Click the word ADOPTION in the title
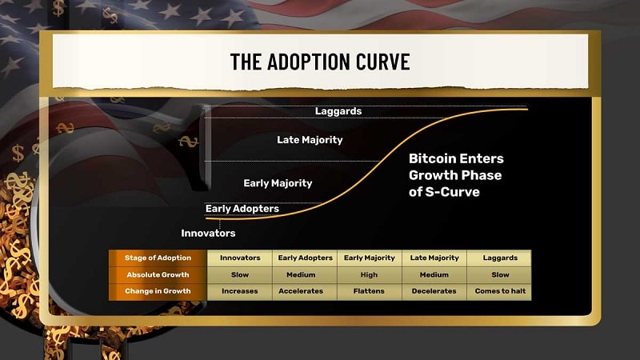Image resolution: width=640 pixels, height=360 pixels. pos(309,62)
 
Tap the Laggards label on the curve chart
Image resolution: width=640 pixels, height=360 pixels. pos(338,111)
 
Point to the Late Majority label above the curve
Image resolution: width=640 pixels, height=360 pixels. pos(310,140)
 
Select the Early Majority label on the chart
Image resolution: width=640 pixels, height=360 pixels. pos(278,183)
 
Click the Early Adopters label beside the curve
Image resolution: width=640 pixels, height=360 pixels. pos(242,209)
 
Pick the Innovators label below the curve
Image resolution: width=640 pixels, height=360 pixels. pos(208,233)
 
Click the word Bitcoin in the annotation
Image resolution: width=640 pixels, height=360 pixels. pos(432,158)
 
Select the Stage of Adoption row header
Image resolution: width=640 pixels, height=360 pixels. pos(158,258)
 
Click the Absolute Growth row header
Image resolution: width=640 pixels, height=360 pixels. pos(158,274)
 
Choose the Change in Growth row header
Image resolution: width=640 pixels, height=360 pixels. pos(158,291)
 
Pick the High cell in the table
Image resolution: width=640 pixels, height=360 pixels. pos(370,274)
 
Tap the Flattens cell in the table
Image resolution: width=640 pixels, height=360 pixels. pos(370,291)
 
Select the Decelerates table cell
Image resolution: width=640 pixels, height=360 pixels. pos(434,291)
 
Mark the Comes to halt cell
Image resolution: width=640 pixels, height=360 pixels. pos(499,291)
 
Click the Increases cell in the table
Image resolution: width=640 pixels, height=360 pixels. pos(239,291)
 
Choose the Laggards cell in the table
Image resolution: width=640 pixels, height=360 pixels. pos(499,258)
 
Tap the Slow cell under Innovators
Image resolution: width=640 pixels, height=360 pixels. pos(239,274)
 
